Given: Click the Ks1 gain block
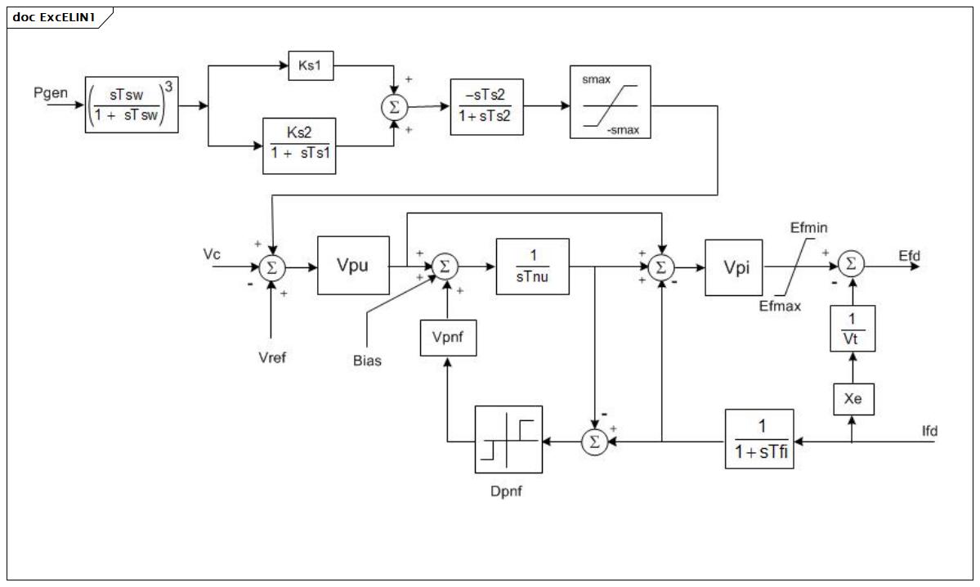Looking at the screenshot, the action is coord(311,65).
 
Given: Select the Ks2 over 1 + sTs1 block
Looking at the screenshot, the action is coord(299,146).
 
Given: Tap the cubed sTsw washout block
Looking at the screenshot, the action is coord(132,105).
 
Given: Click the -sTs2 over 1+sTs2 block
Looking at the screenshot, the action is coord(487,107).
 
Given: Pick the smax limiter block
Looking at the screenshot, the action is coord(610,102).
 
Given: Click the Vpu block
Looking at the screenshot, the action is coord(353,265).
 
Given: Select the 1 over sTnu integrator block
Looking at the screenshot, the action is coord(532,267).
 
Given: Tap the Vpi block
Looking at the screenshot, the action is coord(734,267).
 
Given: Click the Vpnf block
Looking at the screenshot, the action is coord(448,338).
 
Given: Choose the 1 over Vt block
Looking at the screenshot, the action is coord(852,329).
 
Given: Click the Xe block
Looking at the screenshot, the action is coord(853,399).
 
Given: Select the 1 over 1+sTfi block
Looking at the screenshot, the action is coord(759,439).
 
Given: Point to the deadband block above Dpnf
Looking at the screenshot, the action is coord(508,440).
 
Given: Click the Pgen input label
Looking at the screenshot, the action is coord(51,93).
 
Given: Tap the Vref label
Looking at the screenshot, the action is coord(272,357).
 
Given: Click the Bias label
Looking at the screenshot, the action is coord(367,361).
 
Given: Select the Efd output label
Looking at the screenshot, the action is coord(910,256).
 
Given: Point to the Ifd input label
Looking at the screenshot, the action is coord(929,431).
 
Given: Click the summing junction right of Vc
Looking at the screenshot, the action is coord(272,268).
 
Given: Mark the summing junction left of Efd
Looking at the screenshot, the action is coord(851,264).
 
